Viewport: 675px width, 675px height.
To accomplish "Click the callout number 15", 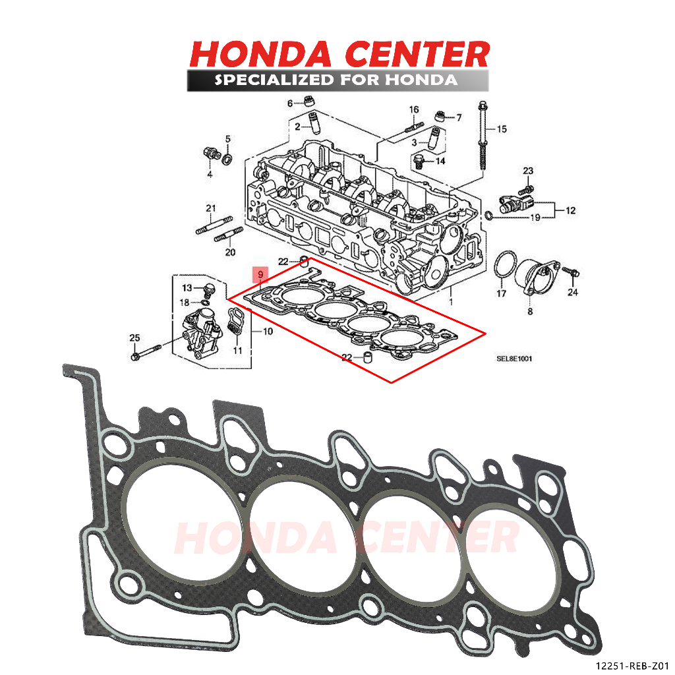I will point(502,129).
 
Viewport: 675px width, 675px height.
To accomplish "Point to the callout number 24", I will point(572,293).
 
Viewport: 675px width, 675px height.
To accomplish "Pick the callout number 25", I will point(134,338).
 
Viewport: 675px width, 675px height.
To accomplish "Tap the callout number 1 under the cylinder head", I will point(451,300).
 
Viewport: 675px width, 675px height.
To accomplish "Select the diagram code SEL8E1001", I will point(514,359).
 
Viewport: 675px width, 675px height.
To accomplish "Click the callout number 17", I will point(501,294).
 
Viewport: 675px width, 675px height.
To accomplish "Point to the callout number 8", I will point(529,310).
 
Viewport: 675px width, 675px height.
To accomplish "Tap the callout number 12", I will point(570,211).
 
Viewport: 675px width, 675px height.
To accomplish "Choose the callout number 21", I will point(210,209).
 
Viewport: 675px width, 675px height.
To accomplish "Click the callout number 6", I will point(289,103).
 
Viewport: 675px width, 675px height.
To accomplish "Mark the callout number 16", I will point(414,109).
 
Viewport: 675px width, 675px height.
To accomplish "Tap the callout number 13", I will point(187,288).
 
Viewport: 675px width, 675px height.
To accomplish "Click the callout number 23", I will point(528,171).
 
